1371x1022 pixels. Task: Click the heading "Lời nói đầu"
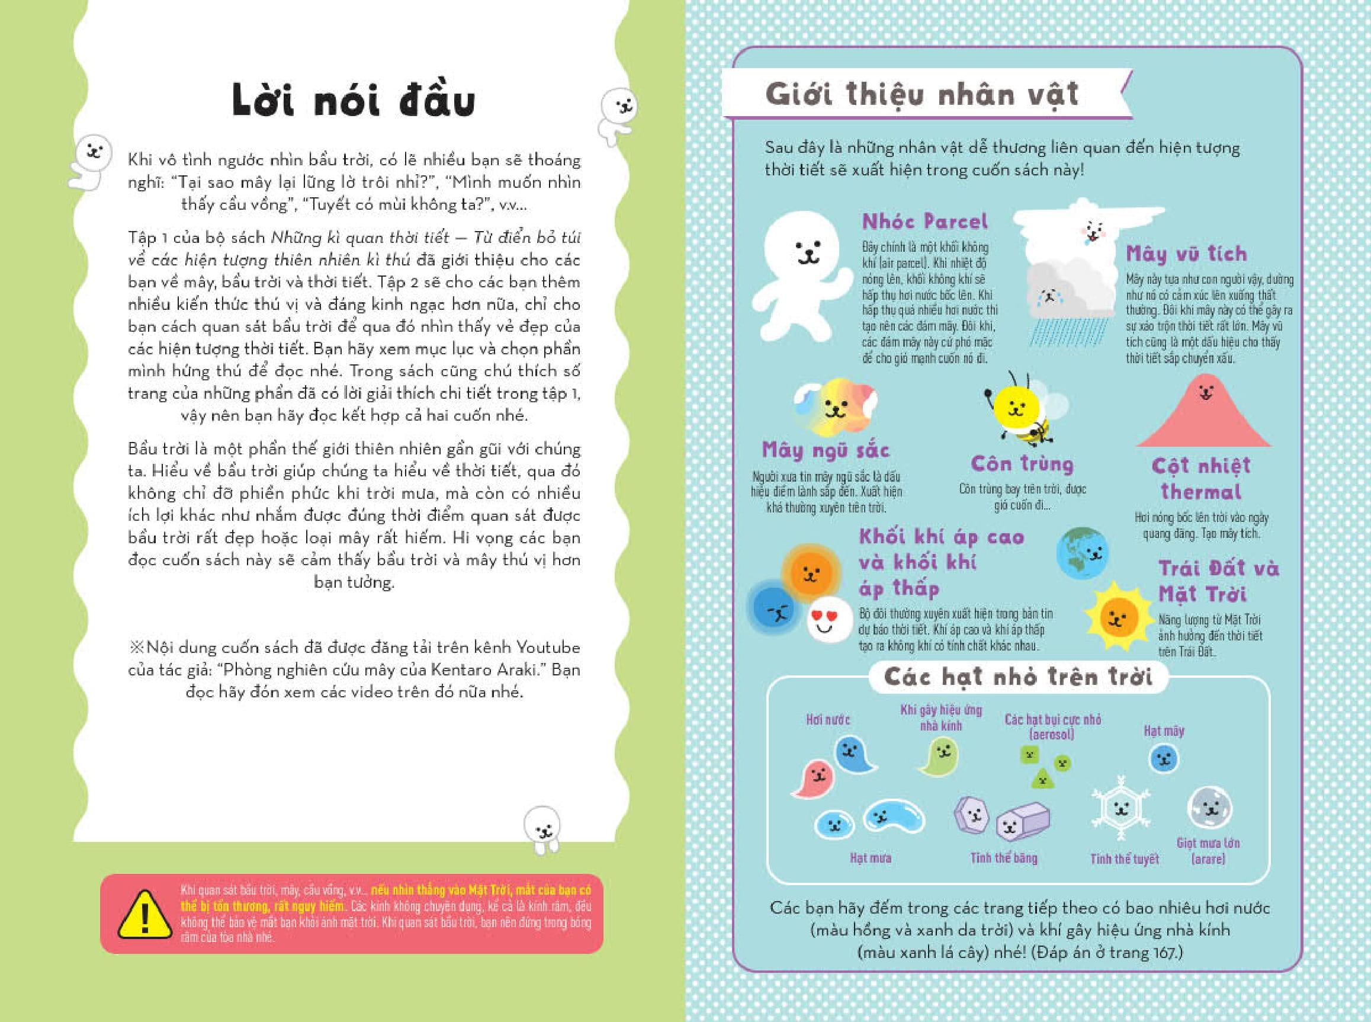coord(354,101)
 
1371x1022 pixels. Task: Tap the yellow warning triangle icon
coord(144,914)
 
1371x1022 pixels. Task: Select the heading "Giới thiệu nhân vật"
coord(922,95)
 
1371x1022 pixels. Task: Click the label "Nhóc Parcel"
coord(924,222)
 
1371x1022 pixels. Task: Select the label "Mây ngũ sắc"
coord(826,450)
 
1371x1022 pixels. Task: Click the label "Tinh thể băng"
coord(1003,858)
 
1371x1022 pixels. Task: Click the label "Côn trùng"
coord(1022,464)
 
